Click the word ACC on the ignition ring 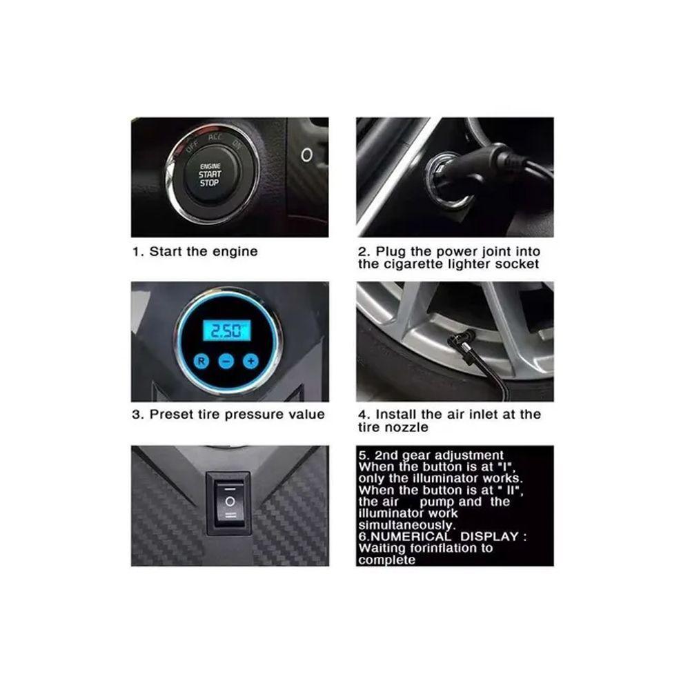[x=215, y=137]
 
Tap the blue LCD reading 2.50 [x=226, y=331]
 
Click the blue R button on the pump [x=201, y=362]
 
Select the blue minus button [x=226, y=362]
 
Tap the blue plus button [x=251, y=362]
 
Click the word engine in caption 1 [x=235, y=252]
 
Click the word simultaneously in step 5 [x=406, y=525]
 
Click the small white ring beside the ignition [x=307, y=155]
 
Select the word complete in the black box [x=387, y=560]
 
